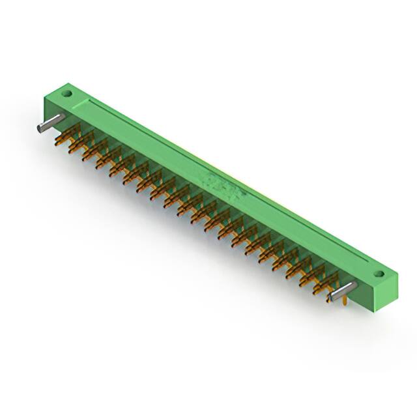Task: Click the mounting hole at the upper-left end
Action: pos(66,93)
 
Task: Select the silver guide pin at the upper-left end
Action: pos(50,123)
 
